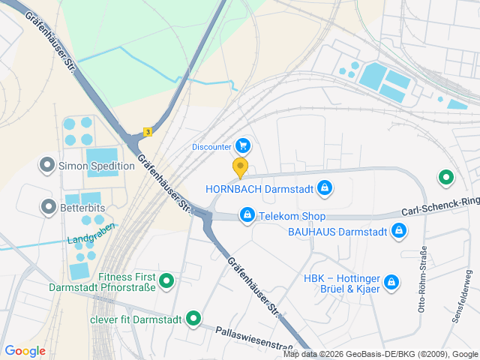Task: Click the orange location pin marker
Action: (x=240, y=166)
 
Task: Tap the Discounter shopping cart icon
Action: (x=242, y=145)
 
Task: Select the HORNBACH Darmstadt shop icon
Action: (x=324, y=187)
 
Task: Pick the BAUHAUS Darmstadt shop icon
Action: (x=400, y=232)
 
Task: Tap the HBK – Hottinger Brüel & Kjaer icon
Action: (x=390, y=282)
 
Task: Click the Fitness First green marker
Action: (x=166, y=281)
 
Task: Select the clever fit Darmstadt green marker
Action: (x=193, y=319)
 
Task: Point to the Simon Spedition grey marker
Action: (x=48, y=164)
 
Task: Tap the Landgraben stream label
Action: (x=91, y=234)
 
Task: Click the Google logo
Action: (x=25, y=351)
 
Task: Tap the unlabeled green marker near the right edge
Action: (x=446, y=178)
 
